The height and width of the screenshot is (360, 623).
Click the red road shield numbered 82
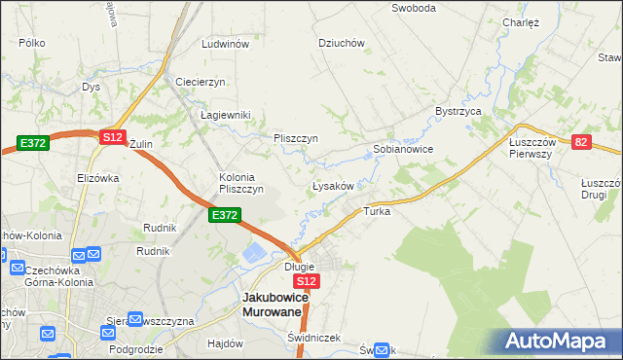[x=582, y=142]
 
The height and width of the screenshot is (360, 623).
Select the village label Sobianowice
[x=402, y=150]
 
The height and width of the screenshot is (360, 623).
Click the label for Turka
[x=377, y=210]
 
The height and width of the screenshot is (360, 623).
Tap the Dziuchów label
[x=341, y=43]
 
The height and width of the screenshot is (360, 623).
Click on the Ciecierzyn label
[x=201, y=81]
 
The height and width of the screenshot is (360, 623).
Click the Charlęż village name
[x=521, y=21]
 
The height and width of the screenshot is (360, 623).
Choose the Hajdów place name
[x=225, y=343]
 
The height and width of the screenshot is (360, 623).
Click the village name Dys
[x=92, y=87]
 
